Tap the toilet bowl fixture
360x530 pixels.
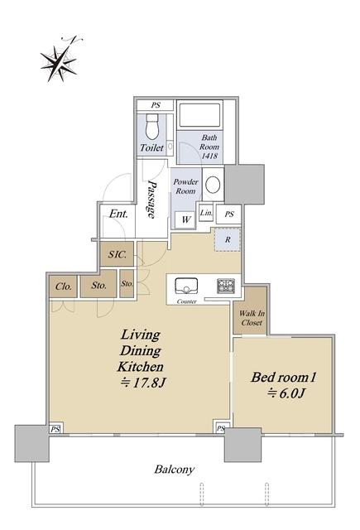coord(152,127)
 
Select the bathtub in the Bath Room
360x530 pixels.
coord(199,115)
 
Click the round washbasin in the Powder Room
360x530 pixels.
coord(213,184)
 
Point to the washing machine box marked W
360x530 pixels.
coord(185,219)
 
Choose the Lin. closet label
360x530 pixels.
coord(206,214)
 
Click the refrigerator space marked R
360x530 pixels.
coord(228,239)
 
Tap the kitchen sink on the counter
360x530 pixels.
coord(186,286)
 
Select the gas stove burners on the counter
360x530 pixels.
coord(226,286)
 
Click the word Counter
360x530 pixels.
coord(186,301)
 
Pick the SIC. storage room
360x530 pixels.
coord(118,254)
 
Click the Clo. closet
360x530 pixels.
coord(63,287)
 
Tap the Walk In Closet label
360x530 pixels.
coord(252,318)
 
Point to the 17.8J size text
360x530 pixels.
coord(143,383)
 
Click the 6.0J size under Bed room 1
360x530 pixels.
coord(286,393)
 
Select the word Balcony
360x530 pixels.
coord(175,470)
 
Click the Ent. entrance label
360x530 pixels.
coord(118,214)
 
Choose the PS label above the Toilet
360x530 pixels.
coord(156,105)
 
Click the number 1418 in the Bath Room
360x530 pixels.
coord(209,157)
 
